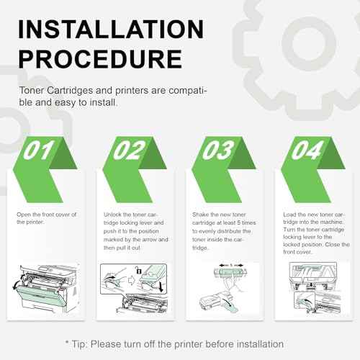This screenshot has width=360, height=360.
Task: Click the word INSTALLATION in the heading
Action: click(111, 30)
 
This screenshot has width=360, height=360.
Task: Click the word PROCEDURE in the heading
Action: click(100, 59)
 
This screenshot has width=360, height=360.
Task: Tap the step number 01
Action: click(39, 150)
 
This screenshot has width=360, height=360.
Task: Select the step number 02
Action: click(130, 150)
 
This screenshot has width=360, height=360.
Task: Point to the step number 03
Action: click(218, 150)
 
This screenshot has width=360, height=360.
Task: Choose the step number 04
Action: click(307, 150)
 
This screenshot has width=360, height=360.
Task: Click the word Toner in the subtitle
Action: click(32, 91)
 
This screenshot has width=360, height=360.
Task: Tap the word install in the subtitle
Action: click(104, 102)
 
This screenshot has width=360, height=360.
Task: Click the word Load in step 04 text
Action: click(289, 215)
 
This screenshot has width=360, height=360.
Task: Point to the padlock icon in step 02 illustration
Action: click(138, 270)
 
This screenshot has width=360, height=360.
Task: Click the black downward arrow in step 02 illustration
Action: click(161, 287)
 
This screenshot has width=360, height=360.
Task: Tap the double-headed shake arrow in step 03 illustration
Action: click(231, 266)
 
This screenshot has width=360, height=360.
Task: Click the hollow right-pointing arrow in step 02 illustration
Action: click(132, 280)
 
